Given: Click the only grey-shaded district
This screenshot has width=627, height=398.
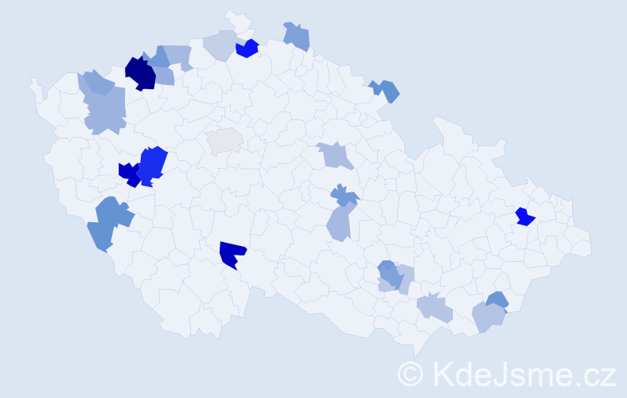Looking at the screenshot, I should [224, 140].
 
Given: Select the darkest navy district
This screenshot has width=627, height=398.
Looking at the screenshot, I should [140, 73].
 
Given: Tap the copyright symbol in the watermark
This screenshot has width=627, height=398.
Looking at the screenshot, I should [411, 373].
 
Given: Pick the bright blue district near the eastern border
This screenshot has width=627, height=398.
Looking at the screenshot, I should [524, 217].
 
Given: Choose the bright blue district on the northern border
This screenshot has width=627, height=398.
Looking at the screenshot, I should [247, 49].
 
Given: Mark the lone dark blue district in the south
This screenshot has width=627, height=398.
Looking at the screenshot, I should [232, 254].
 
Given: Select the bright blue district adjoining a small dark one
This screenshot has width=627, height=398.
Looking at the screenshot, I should [153, 164].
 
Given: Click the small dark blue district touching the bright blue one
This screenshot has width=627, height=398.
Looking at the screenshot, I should [129, 174].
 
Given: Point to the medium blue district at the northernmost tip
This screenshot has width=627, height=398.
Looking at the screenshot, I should [297, 36].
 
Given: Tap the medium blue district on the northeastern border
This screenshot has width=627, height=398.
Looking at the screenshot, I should [386, 90].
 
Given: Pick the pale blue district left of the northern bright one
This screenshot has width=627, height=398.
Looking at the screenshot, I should [220, 45].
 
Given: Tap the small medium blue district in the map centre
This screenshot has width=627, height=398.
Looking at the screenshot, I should [344, 195].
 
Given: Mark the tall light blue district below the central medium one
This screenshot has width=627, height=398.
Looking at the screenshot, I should [340, 222].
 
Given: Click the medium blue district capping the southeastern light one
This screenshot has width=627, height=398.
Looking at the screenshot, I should [497, 300].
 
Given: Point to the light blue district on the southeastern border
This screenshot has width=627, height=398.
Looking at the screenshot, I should [488, 317].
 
